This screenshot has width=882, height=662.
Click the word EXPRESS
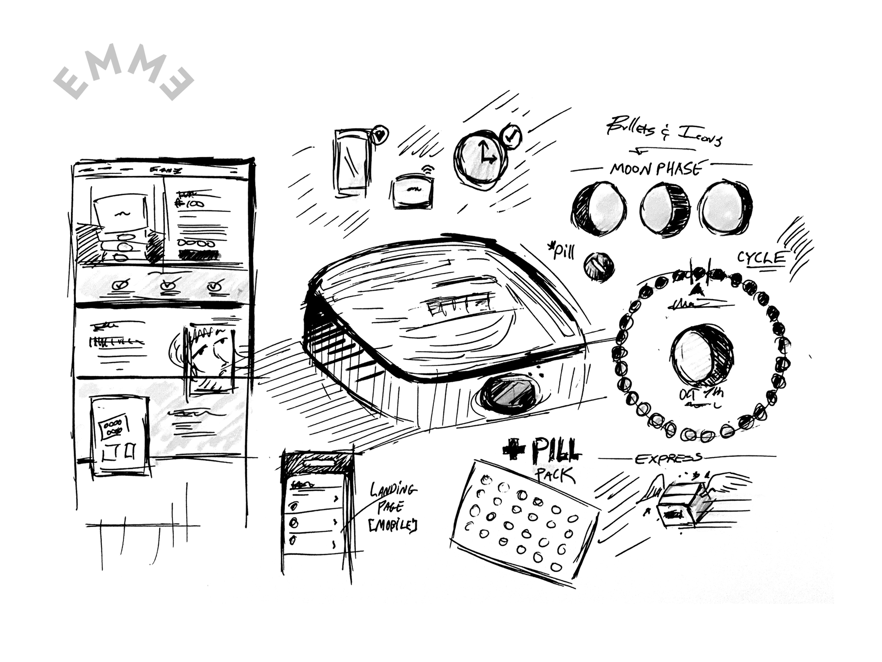tap(668, 459)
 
